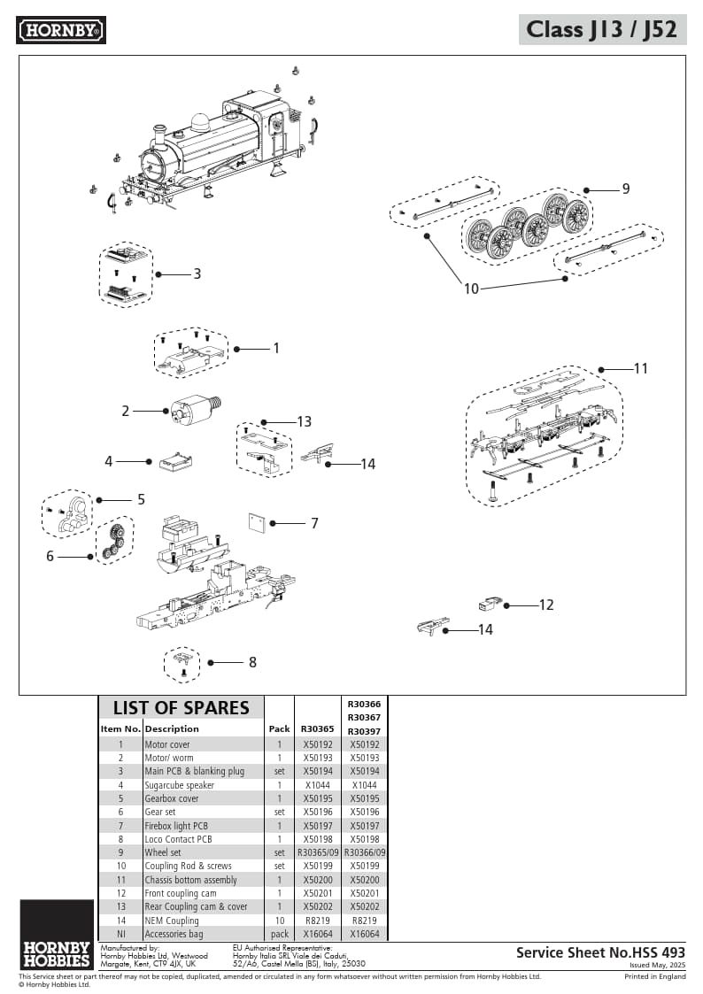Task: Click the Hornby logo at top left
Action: pos(61,30)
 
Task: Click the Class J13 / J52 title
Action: pos(601,29)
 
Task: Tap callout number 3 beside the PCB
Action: pos(197,274)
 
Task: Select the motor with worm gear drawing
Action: pos(194,409)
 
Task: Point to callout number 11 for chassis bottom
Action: pos(640,368)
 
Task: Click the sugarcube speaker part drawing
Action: pos(175,461)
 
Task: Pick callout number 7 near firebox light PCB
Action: pos(313,523)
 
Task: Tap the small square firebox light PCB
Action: pos(257,522)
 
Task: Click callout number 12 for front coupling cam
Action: pos(546,605)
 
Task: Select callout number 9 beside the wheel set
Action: pos(625,189)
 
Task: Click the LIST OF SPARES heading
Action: pos(181,707)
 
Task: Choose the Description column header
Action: pos(172,728)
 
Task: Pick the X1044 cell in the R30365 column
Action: pos(317,785)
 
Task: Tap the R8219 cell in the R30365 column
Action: pos(317,921)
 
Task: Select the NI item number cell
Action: pos(120,934)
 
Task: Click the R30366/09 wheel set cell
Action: pos(364,852)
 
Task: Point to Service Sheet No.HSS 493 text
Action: pos(600,952)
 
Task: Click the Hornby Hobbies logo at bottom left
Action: pos(56,935)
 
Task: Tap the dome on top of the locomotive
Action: pos(200,122)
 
